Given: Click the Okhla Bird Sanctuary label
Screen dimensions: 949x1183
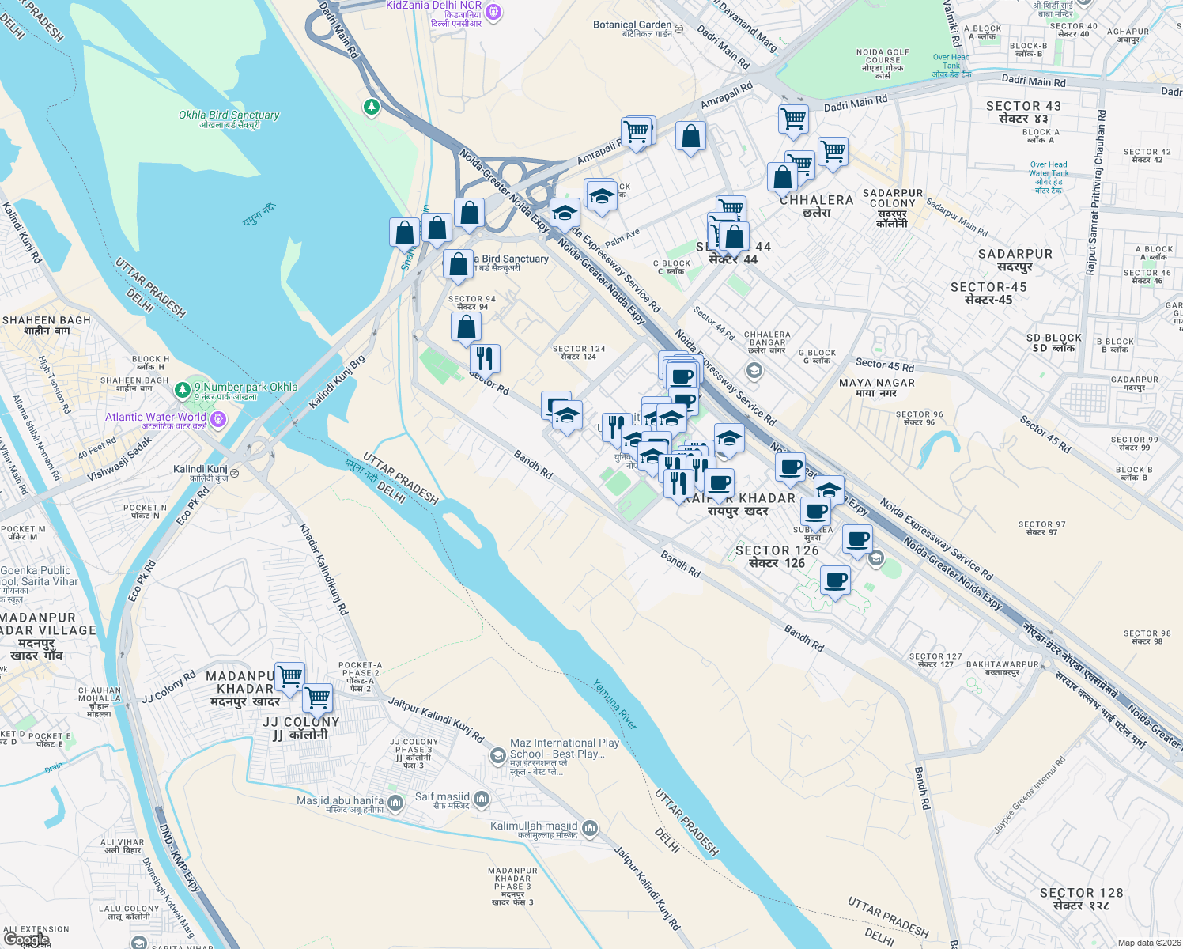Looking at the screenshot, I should tap(229, 119).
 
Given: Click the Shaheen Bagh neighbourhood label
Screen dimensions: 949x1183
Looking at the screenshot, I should tap(47, 325).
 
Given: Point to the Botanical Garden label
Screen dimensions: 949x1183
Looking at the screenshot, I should tap(633, 28).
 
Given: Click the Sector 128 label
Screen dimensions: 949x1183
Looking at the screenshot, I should tap(1081, 898).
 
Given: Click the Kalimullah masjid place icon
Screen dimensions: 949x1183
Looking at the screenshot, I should tap(590, 828).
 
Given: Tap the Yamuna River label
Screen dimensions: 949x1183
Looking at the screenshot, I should tap(615, 704).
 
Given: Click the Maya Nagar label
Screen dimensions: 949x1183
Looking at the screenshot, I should tap(876, 388).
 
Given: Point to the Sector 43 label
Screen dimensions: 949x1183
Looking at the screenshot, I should tap(1023, 112).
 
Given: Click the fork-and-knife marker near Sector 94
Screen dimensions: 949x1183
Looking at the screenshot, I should tap(485, 358).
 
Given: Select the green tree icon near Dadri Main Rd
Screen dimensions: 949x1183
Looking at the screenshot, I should tap(371, 106).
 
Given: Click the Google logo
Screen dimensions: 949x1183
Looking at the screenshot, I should tap(27, 940).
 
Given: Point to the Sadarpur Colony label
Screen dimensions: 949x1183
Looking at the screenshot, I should tap(893, 208).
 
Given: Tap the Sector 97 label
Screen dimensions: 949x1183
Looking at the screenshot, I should tap(1041, 527).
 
